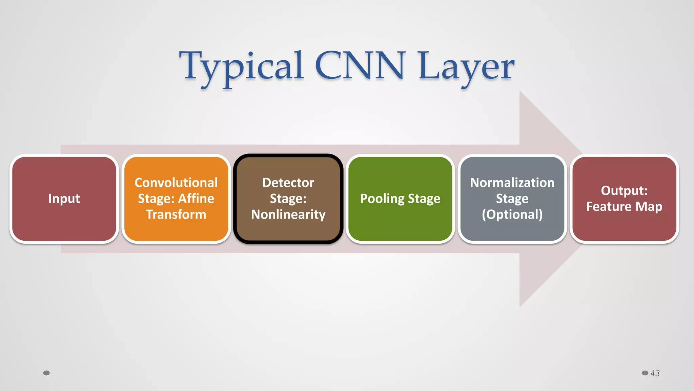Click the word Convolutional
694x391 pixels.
[176, 183]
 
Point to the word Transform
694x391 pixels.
[176, 215]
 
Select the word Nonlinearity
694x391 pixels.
[288, 215]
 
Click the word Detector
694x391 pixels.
[288, 183]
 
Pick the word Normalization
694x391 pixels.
[512, 183]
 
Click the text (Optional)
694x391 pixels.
[512, 215]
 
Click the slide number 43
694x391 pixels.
[655, 373]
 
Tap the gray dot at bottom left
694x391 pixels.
[46, 373]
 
